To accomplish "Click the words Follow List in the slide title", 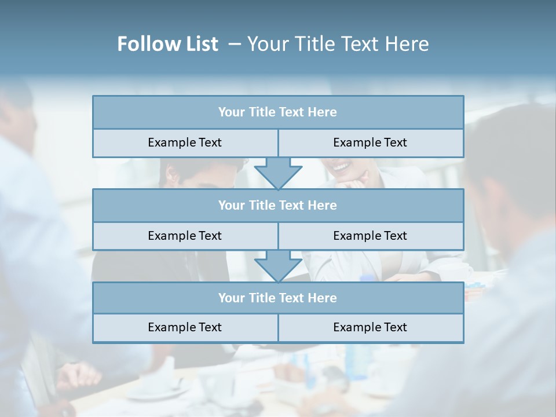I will tap(167, 44).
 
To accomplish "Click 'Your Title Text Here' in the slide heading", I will tap(338, 44).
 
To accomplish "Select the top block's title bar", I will tap(278, 112).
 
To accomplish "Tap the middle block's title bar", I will tap(278, 205).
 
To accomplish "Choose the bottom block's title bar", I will tap(278, 298).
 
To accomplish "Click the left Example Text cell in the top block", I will tap(185, 142).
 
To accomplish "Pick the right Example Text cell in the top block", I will tap(370, 142).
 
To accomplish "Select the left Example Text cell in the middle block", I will tap(185, 236).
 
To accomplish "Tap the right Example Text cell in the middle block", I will tap(370, 236).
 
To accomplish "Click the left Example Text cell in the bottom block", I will tap(185, 327).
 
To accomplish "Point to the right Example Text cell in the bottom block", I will tap(370, 327).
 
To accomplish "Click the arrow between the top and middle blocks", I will tap(278, 173).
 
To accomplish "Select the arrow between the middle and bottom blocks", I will tap(278, 266).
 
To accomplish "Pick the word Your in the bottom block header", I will tap(231, 298).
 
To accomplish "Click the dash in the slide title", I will tap(235, 44).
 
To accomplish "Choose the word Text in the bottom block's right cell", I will tap(394, 327).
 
